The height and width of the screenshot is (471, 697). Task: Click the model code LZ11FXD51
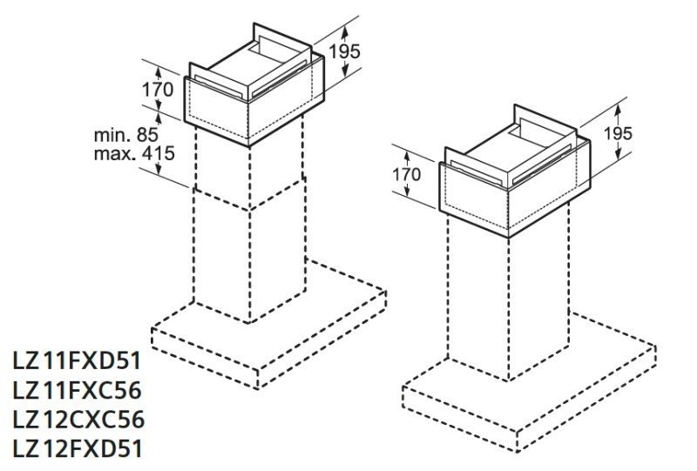coord(77,360)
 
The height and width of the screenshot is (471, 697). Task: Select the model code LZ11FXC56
coord(77,390)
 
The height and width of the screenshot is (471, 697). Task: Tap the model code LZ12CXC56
coord(78,420)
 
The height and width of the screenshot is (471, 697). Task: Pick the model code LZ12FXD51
coord(77,448)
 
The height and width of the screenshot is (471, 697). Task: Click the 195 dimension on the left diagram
coord(344,51)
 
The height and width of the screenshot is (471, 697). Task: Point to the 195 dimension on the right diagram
coord(618,133)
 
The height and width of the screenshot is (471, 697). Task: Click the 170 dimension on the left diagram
coord(158,90)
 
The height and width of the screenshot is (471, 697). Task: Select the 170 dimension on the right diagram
coord(406,174)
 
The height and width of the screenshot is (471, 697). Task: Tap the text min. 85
coord(126,135)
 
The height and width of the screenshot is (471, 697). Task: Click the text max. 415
coord(134,154)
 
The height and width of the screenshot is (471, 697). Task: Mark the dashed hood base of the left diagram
coord(269,324)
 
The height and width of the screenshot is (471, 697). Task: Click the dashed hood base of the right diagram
coord(529,383)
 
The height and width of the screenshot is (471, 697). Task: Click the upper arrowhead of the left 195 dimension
coord(345,30)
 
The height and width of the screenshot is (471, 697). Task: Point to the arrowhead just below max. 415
coord(159,171)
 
